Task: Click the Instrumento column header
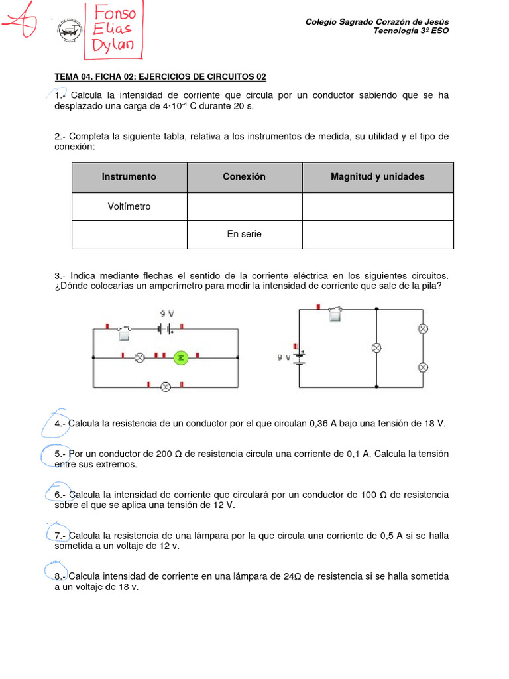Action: (x=129, y=176)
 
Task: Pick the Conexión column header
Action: (x=244, y=176)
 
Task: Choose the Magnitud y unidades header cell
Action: (x=378, y=176)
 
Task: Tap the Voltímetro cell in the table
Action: (x=129, y=206)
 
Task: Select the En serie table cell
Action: (x=244, y=234)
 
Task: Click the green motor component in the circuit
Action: (x=181, y=357)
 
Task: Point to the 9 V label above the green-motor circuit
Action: (x=166, y=314)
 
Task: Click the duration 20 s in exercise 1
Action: (x=243, y=106)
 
